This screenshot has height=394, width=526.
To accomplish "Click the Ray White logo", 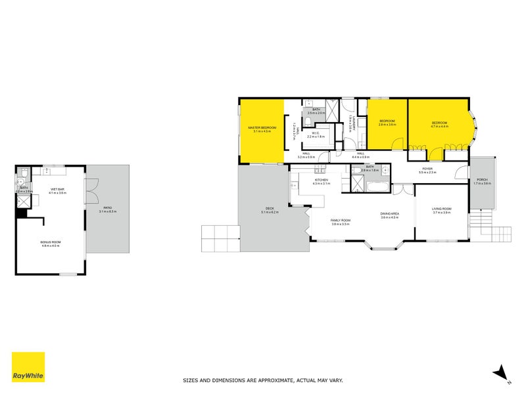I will click(x=28, y=367).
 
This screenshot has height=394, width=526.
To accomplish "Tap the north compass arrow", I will click(x=502, y=372).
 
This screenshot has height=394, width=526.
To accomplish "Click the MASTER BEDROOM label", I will click(x=262, y=127).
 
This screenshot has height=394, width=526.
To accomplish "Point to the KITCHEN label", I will click(x=321, y=180).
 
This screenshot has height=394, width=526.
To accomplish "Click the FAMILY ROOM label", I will click(x=341, y=221).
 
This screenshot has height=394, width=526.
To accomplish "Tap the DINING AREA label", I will click(x=390, y=213).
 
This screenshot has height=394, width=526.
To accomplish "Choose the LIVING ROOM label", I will click(x=441, y=209).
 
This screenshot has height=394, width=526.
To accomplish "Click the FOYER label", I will click(x=427, y=169).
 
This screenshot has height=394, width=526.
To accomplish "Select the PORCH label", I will click(x=482, y=180).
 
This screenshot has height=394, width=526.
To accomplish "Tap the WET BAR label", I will click(x=59, y=190).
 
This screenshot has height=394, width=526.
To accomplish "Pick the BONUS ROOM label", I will click(x=51, y=242).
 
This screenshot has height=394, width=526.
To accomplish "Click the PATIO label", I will click(x=107, y=208).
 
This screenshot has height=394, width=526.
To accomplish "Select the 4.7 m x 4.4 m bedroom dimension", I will click(x=439, y=126).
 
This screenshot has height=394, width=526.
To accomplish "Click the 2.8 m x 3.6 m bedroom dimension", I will click(x=387, y=124).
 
